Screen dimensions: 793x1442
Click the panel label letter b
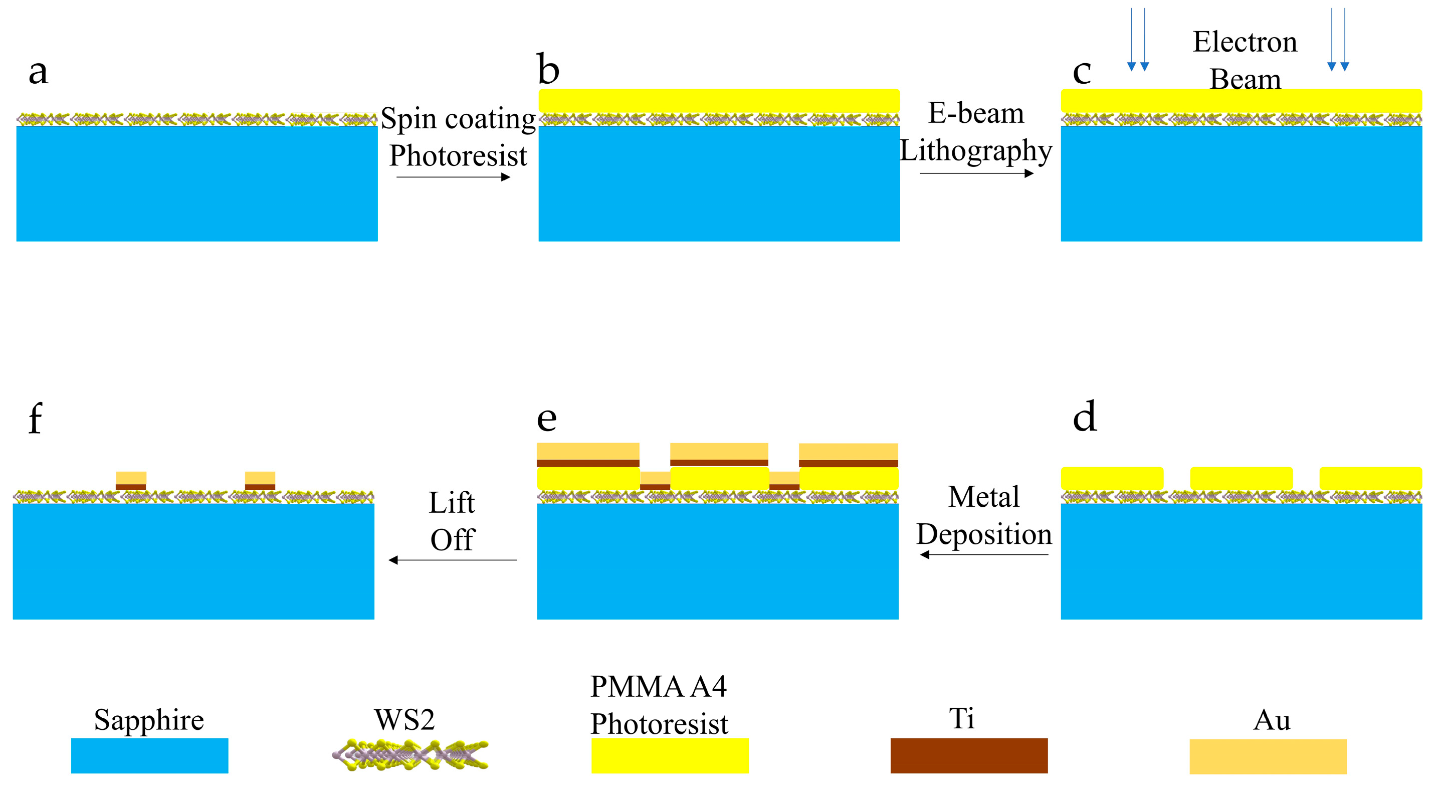click(x=548, y=70)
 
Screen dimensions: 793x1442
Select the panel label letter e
click(x=547, y=419)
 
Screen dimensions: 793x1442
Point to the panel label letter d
click(x=1085, y=417)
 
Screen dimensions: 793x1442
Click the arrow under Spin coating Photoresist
click(x=454, y=177)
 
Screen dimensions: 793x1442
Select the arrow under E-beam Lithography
click(x=976, y=173)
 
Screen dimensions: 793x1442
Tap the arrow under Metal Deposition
click(x=984, y=555)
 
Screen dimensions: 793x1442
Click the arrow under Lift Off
click(x=452, y=560)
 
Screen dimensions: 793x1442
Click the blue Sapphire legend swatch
click(x=149, y=755)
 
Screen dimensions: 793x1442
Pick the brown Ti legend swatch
click(x=969, y=755)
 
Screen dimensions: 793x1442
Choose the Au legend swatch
click(x=1268, y=756)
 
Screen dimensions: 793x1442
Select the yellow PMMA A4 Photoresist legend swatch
click(x=670, y=755)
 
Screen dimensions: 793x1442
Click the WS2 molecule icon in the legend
click(x=410, y=754)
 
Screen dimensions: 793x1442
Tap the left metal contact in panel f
click(x=131, y=481)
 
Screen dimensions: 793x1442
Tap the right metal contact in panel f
click(x=260, y=481)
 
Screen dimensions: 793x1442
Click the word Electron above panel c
click(x=1245, y=42)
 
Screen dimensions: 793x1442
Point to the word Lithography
click(x=976, y=151)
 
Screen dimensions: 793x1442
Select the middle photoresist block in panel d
click(x=1242, y=478)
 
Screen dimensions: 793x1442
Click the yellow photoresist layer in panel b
click(x=719, y=101)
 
